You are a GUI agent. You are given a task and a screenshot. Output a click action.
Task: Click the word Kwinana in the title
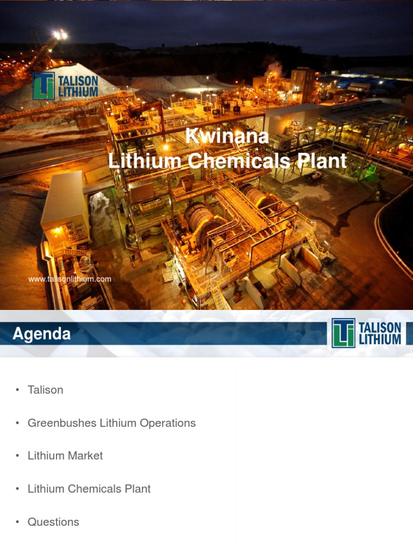click(x=227, y=137)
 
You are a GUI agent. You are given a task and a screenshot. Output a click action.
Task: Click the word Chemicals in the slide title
click(x=232, y=161)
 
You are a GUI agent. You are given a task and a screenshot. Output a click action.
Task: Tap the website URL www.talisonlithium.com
click(x=69, y=279)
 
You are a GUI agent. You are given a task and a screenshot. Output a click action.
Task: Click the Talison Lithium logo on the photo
click(x=66, y=86)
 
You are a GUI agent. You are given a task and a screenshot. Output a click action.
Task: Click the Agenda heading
click(x=41, y=334)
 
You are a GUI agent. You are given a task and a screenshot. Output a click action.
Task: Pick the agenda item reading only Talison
click(x=45, y=390)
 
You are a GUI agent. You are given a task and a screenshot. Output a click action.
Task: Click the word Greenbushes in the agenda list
click(x=62, y=423)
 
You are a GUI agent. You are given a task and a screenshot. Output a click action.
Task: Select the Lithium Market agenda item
click(x=65, y=456)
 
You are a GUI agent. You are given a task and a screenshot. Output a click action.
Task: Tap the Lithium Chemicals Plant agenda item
click(x=89, y=489)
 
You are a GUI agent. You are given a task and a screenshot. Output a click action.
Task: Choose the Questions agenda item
click(x=53, y=522)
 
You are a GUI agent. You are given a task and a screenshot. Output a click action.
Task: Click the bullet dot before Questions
click(x=17, y=522)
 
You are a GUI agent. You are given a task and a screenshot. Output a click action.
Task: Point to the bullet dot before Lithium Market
click(x=17, y=456)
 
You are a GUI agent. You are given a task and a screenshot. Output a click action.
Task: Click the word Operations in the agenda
click(x=167, y=423)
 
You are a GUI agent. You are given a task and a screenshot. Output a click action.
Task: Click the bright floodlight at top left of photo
click(x=60, y=35)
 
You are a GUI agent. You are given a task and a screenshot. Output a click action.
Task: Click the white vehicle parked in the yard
click(x=314, y=176)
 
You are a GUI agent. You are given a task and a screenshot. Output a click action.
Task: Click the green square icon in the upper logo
click(x=44, y=86)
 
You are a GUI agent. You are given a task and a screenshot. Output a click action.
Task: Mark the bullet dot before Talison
click(x=17, y=390)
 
